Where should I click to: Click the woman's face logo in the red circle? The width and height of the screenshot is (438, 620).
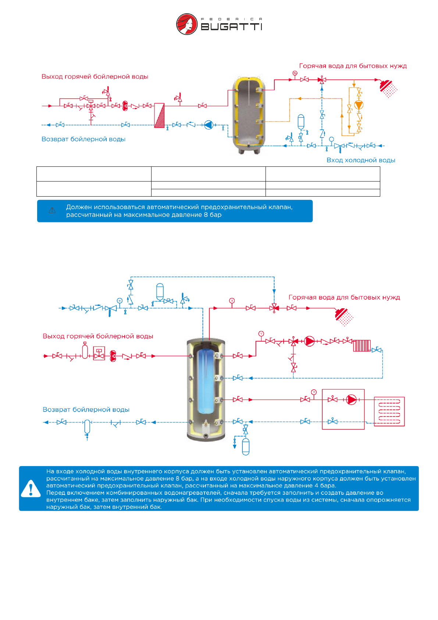coord(187,24)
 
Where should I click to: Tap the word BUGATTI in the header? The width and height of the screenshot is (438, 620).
coord(231,27)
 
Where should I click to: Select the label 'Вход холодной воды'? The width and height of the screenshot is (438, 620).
coord(361,160)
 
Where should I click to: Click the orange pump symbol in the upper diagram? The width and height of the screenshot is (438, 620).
coord(359,105)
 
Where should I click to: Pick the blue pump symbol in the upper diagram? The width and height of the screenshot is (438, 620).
coord(209,125)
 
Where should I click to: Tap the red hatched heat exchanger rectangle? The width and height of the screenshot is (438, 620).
coord(159,115)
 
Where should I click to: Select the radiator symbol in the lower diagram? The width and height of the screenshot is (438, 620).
coord(362,346)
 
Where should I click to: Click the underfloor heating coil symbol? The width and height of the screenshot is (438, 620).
coord(389,411)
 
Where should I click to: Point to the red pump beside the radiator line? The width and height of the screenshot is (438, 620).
coord(310,341)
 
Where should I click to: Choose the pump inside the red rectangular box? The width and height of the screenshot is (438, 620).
coord(352,399)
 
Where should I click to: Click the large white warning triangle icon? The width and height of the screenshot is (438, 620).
coord(31,489)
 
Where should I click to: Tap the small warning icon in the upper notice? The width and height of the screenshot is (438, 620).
coord(52,211)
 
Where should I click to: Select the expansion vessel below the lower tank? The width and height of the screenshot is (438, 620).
coord(246,446)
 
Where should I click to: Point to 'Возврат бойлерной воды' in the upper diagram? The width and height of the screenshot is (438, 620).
coord(83,139)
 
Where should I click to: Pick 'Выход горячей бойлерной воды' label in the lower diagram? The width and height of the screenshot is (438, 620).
coord(98,336)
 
